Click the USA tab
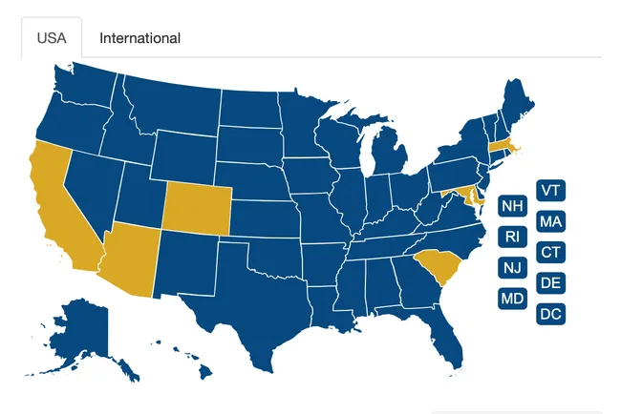coord(52,38)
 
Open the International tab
coord(139,38)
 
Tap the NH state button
coord(513,205)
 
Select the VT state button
coord(550,190)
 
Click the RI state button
coord(513,237)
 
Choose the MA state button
coord(550,221)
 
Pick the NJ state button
coord(513,267)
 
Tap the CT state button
coord(550,252)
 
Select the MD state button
coord(513,299)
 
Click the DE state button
coord(550,282)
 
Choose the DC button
coord(550,314)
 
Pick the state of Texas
coord(253,305)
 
